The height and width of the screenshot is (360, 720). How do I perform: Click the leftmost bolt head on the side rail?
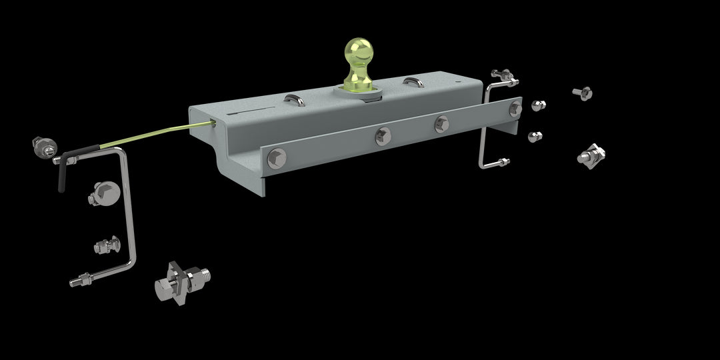pyautogui.click(x=276, y=159)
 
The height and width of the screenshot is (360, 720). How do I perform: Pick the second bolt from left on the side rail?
pyautogui.click(x=383, y=135)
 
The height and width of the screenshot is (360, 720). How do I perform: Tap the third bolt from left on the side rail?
pyautogui.click(x=441, y=123)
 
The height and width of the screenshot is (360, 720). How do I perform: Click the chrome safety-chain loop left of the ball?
pyautogui.click(x=295, y=100)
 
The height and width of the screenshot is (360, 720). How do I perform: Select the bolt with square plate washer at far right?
pyautogui.click(x=591, y=155)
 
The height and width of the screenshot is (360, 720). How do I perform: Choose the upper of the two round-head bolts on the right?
pyautogui.click(x=537, y=105)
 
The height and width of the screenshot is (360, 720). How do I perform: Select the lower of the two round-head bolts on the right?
pyautogui.click(x=535, y=137)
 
